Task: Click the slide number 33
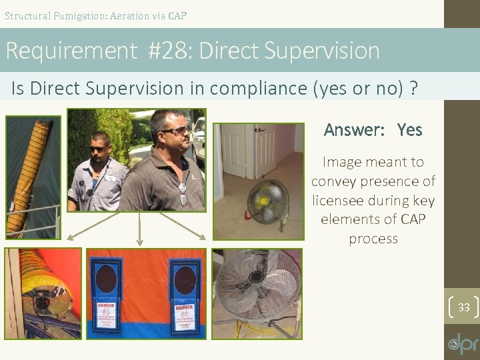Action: coord(464,307)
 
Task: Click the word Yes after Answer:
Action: coord(409,129)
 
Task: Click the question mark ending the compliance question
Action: coord(414,89)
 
